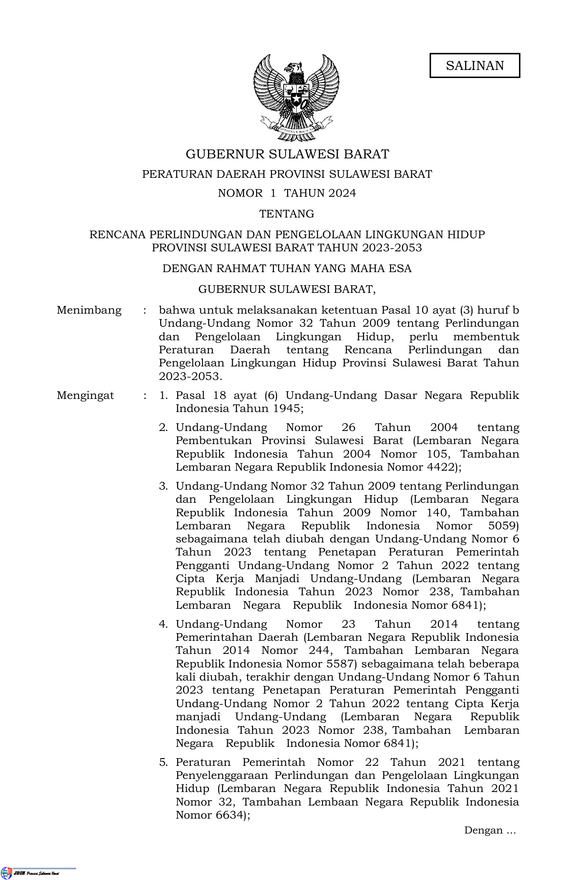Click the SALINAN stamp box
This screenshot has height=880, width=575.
(474, 65)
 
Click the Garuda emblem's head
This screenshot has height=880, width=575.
(294, 68)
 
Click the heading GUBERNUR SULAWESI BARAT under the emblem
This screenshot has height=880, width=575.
(287, 154)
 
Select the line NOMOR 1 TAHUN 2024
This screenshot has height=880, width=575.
(287, 193)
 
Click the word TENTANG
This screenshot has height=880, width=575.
(287, 213)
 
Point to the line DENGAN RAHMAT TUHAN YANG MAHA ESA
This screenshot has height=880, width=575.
(287, 269)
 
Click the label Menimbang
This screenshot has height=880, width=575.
(89, 310)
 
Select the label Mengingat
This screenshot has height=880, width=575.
(85, 396)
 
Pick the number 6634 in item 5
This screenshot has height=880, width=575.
(227, 815)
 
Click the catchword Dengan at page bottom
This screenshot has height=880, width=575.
(483, 830)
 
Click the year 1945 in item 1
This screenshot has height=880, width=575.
(285, 409)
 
